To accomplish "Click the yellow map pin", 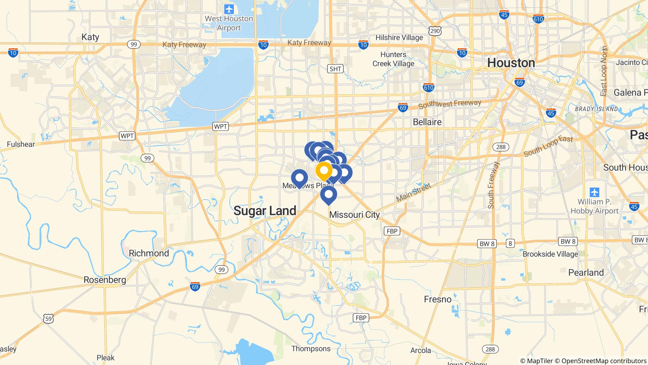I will [x=324, y=171].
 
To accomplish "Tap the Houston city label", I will [x=511, y=63].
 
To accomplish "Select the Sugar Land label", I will [x=265, y=211].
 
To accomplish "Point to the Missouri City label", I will [x=354, y=215].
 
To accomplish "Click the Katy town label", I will [x=90, y=37].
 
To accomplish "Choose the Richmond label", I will [x=149, y=253].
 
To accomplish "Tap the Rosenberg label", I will [x=105, y=280].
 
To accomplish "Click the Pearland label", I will [x=586, y=272].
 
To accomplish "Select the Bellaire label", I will [x=427, y=122].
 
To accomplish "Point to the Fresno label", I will [x=438, y=299].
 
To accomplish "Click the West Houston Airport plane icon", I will [x=229, y=9].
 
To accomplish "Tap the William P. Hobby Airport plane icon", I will [x=595, y=192].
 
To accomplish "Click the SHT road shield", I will [x=335, y=69].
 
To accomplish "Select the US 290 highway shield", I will [x=435, y=31].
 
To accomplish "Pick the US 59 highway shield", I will [x=48, y=318].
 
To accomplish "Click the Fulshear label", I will [x=21, y=144].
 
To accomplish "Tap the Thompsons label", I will [x=311, y=349].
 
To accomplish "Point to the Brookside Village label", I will [x=550, y=254].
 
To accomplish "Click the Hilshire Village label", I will [x=399, y=38].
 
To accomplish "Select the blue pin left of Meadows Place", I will [x=299, y=178].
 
